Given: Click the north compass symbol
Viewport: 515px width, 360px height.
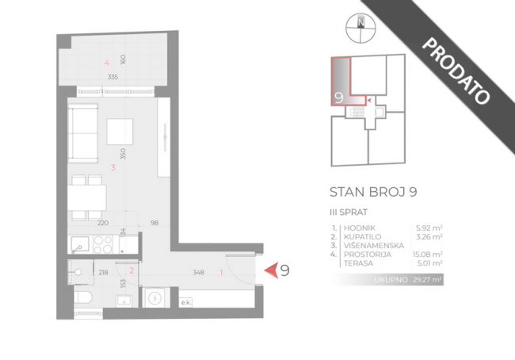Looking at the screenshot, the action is coord(360,28).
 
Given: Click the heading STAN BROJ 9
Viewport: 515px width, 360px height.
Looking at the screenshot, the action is coord(373,192).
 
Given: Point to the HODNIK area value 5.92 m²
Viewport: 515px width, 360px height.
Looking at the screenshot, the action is coord(429,228).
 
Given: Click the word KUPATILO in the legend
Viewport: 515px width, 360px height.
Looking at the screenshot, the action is coord(363,237).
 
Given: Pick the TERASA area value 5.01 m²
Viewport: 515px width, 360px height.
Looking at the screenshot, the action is coord(429,263).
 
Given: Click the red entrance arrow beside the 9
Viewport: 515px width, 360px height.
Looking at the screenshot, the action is coord(272,270).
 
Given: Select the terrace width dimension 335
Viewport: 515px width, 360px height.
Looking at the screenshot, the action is coord(113,77).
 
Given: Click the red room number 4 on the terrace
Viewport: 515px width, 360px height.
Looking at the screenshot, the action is coord(106,63).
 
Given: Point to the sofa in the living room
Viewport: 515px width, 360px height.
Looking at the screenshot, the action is coord(83,133).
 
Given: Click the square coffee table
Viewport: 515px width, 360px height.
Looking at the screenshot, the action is coord(120,132).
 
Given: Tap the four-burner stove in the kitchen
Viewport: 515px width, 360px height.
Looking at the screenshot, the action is coord(103,244).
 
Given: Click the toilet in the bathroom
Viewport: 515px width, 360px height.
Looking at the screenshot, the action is coord(82,297).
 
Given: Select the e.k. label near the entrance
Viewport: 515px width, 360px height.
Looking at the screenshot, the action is coord(185,303).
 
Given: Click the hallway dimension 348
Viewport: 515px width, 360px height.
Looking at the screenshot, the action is coord(198,272).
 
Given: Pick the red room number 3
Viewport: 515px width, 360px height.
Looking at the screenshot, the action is coord(113,167).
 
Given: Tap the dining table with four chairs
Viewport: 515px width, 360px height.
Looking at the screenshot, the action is coord(87,197).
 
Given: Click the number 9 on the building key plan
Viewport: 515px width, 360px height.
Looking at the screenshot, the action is coord(339,98).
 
